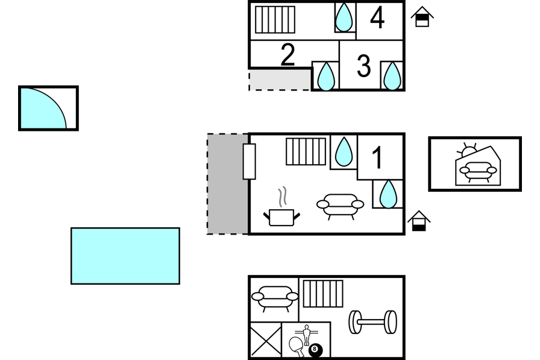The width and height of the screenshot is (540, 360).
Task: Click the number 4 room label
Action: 377,18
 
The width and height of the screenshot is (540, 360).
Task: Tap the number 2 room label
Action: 288,54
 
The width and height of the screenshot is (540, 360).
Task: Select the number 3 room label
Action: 363,66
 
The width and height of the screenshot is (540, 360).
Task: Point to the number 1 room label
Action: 377,157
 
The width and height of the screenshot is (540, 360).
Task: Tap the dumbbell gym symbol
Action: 372,322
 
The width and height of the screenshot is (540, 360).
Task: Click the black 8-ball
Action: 315,350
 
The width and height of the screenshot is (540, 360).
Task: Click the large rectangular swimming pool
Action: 125,256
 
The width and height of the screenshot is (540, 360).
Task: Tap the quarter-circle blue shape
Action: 43,109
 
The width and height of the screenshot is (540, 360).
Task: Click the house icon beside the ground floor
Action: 419,221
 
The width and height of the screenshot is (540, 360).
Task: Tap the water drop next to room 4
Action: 344,17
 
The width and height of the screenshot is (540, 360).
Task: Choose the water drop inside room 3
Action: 392,76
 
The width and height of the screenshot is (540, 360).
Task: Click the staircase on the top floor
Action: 275,20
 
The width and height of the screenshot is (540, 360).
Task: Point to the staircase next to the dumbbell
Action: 323,294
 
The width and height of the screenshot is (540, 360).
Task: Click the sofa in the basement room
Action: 275,298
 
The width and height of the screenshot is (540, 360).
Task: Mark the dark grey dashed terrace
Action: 228,184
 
